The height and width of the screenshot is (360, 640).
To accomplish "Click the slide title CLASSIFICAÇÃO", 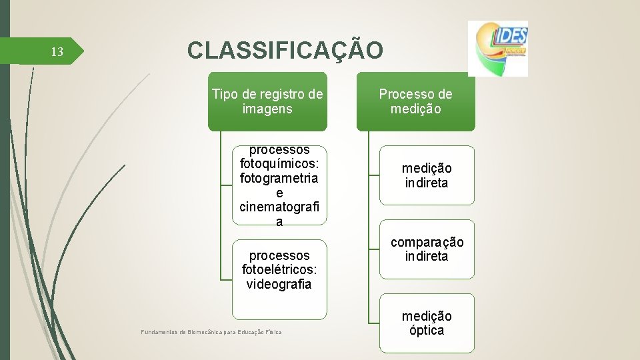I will [x=285, y=51].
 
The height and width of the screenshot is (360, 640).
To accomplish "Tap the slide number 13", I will [x=57, y=52].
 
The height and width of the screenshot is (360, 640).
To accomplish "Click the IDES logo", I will [x=497, y=48].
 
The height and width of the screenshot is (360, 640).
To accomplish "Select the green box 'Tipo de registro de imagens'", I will [x=267, y=101].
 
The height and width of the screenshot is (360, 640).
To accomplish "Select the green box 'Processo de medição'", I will [x=415, y=101].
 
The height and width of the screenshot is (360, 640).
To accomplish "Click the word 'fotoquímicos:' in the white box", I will [x=279, y=164].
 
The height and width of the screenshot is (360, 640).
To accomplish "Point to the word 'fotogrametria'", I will [x=279, y=179].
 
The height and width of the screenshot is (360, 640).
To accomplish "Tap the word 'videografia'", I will [x=279, y=285].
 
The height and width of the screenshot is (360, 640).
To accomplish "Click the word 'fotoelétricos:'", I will [x=279, y=270].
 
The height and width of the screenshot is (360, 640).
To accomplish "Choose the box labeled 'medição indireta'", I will [x=427, y=175].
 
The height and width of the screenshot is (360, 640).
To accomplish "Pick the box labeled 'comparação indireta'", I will [x=427, y=249].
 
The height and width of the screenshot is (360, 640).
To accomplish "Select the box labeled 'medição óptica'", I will [x=427, y=323].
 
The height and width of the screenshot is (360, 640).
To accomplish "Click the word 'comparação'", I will [x=427, y=242].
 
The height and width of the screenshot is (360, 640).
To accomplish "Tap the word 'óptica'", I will [x=427, y=331].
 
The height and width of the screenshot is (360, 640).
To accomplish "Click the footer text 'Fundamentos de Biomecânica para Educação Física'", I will [x=211, y=332].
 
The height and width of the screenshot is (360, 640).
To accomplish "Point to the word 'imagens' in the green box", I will [x=267, y=109].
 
